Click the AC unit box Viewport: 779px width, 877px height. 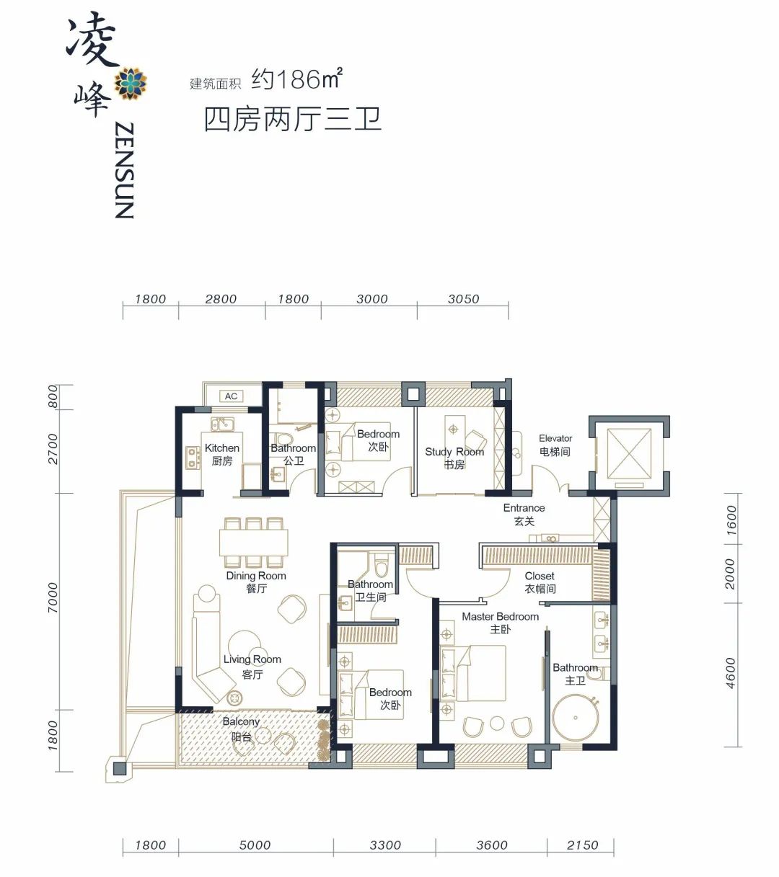click(231, 396)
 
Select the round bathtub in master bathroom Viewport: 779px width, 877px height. click(576, 718)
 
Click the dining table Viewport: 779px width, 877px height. click(253, 543)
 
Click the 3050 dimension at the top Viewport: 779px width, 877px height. click(463, 298)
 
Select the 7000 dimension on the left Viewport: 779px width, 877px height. click(53, 597)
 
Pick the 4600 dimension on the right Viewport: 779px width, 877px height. click(731, 673)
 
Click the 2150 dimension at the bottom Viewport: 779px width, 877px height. click(582, 845)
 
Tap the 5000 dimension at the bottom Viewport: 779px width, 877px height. click(255, 845)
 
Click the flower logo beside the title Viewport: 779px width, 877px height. click(130, 83)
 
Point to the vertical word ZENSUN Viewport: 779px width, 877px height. click(124, 170)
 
